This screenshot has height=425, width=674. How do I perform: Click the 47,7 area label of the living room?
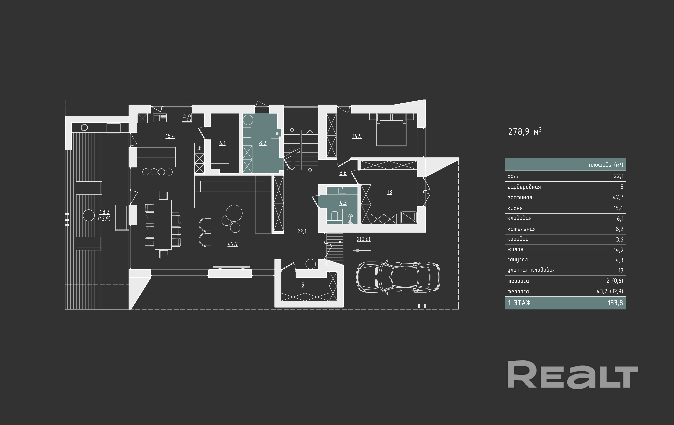[233, 244]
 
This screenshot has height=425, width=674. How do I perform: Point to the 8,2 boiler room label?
[262, 143]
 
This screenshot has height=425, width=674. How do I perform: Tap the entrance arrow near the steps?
[362, 250]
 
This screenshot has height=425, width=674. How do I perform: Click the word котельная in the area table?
[521, 229]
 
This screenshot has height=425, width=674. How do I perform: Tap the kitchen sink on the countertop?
[160, 118]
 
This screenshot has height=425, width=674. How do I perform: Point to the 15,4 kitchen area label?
[170, 136]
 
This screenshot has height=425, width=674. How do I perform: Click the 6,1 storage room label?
[222, 143]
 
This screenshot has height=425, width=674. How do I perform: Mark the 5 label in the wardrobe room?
[303, 285]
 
